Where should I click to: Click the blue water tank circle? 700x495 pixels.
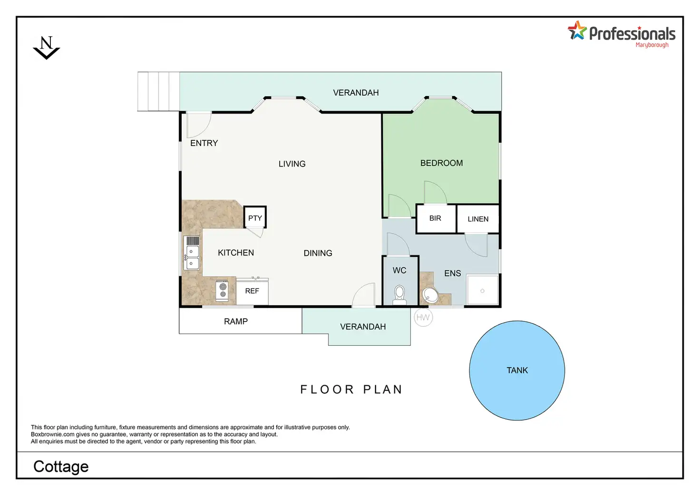click(x=517, y=370)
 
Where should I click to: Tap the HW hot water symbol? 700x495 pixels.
click(x=423, y=318)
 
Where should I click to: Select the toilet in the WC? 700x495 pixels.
click(x=399, y=295)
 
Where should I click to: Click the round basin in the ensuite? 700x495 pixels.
click(x=430, y=295)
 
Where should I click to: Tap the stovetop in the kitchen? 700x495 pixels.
click(x=222, y=291)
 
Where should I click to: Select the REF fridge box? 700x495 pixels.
click(x=252, y=291)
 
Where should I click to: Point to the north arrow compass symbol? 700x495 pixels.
click(x=46, y=48)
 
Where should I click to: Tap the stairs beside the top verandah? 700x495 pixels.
click(x=158, y=92)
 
